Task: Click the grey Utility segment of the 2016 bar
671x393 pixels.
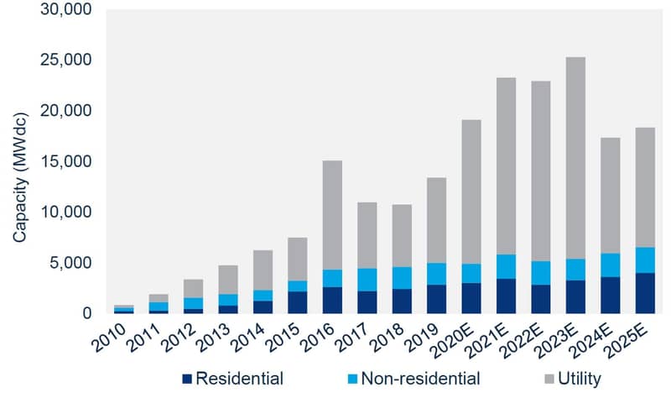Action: tap(332, 215)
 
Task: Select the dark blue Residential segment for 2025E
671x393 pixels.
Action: tap(645, 293)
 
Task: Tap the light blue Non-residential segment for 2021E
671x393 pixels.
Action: tap(506, 266)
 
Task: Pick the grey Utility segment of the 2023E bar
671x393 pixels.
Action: tap(575, 158)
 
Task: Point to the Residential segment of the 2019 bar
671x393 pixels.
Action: tap(436, 299)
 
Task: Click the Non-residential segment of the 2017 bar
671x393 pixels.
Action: tap(367, 280)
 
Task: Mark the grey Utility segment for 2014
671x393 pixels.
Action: tap(263, 270)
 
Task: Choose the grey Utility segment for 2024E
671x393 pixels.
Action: tap(611, 196)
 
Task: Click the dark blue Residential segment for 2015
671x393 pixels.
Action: tap(298, 302)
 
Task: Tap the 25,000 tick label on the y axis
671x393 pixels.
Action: tap(66, 60)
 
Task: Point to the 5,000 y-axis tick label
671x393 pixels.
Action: tap(70, 263)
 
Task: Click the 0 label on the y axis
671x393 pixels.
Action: tap(87, 313)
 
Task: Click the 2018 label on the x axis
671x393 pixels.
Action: tap(388, 338)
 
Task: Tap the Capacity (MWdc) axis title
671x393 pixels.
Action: tap(19, 177)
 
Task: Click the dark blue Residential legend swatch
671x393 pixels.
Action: tap(187, 379)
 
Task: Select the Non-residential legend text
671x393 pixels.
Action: tap(420, 379)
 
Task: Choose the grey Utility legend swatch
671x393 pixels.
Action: tap(549, 379)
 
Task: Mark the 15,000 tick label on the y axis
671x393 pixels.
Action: tap(66, 161)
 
